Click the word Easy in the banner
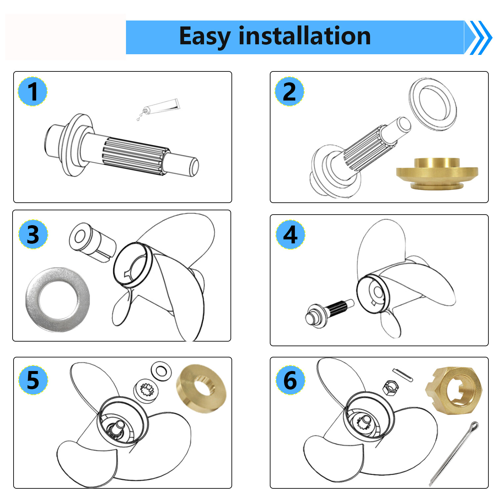[x=204, y=36]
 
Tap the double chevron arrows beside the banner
[x=480, y=37]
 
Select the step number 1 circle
[x=32, y=92]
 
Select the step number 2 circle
[x=289, y=92]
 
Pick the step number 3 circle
[x=33, y=234]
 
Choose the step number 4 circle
[x=290, y=235]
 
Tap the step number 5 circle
[x=33, y=380]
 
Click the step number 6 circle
[x=290, y=380]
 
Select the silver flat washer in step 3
[x=58, y=300]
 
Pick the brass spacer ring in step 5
[x=201, y=389]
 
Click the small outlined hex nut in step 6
[x=390, y=387]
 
